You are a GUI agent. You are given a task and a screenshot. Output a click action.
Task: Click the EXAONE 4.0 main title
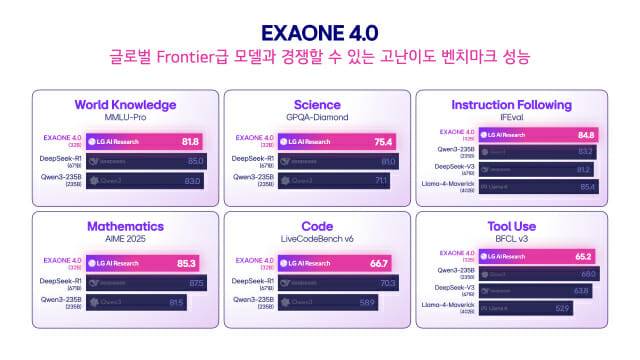tap(320, 32)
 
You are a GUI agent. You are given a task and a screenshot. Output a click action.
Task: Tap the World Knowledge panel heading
tap(125, 104)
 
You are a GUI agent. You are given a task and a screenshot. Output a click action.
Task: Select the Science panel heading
tap(317, 104)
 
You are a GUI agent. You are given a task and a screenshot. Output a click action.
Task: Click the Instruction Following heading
tap(511, 104)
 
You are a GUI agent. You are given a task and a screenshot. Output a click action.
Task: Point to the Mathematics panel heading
tap(125, 226)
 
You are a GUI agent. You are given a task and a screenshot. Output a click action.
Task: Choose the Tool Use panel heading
tap(511, 226)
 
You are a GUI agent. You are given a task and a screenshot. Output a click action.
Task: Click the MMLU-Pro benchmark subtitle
tap(125, 117)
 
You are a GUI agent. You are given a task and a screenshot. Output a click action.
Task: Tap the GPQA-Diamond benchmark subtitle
tap(317, 117)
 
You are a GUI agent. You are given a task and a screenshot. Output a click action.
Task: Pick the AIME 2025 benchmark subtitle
tap(125, 239)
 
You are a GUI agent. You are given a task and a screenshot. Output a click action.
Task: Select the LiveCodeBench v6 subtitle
tap(317, 239)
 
